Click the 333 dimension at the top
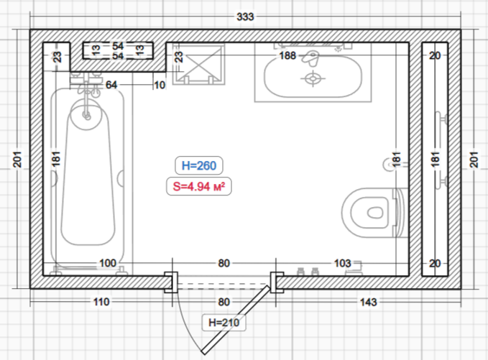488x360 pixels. [x=245, y=17]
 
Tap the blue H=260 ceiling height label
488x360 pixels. [x=199, y=165]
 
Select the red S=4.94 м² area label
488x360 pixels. [x=199, y=186]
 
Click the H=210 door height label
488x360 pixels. [x=224, y=323]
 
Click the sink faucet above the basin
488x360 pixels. [x=310, y=58]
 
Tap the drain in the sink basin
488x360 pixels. [x=313, y=78]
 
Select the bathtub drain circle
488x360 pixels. [x=87, y=116]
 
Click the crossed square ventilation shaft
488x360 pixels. [x=199, y=64]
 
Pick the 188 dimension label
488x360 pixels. [x=287, y=56]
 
